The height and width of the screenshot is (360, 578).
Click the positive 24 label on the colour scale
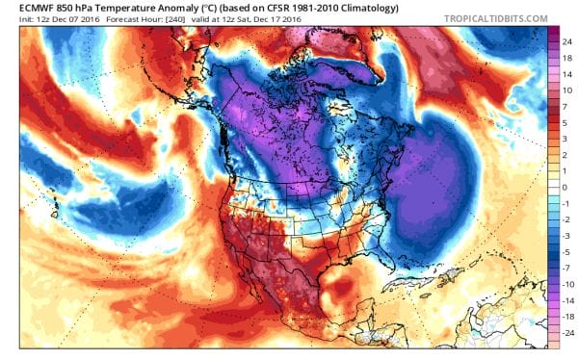(563, 41)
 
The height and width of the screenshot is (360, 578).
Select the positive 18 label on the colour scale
(563, 58)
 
